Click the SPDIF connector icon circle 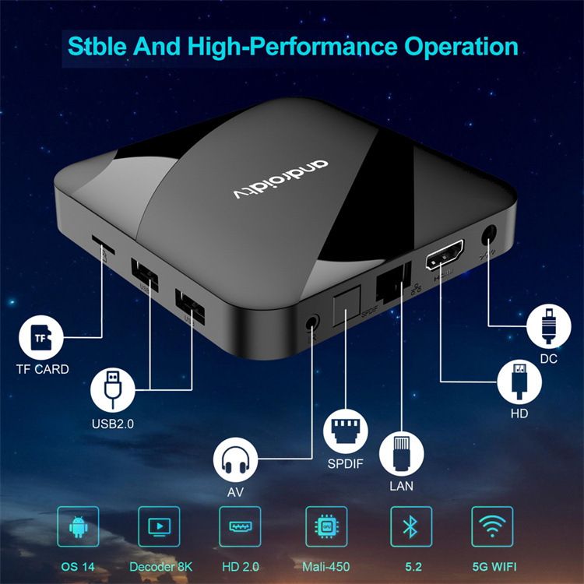coord(344,429)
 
